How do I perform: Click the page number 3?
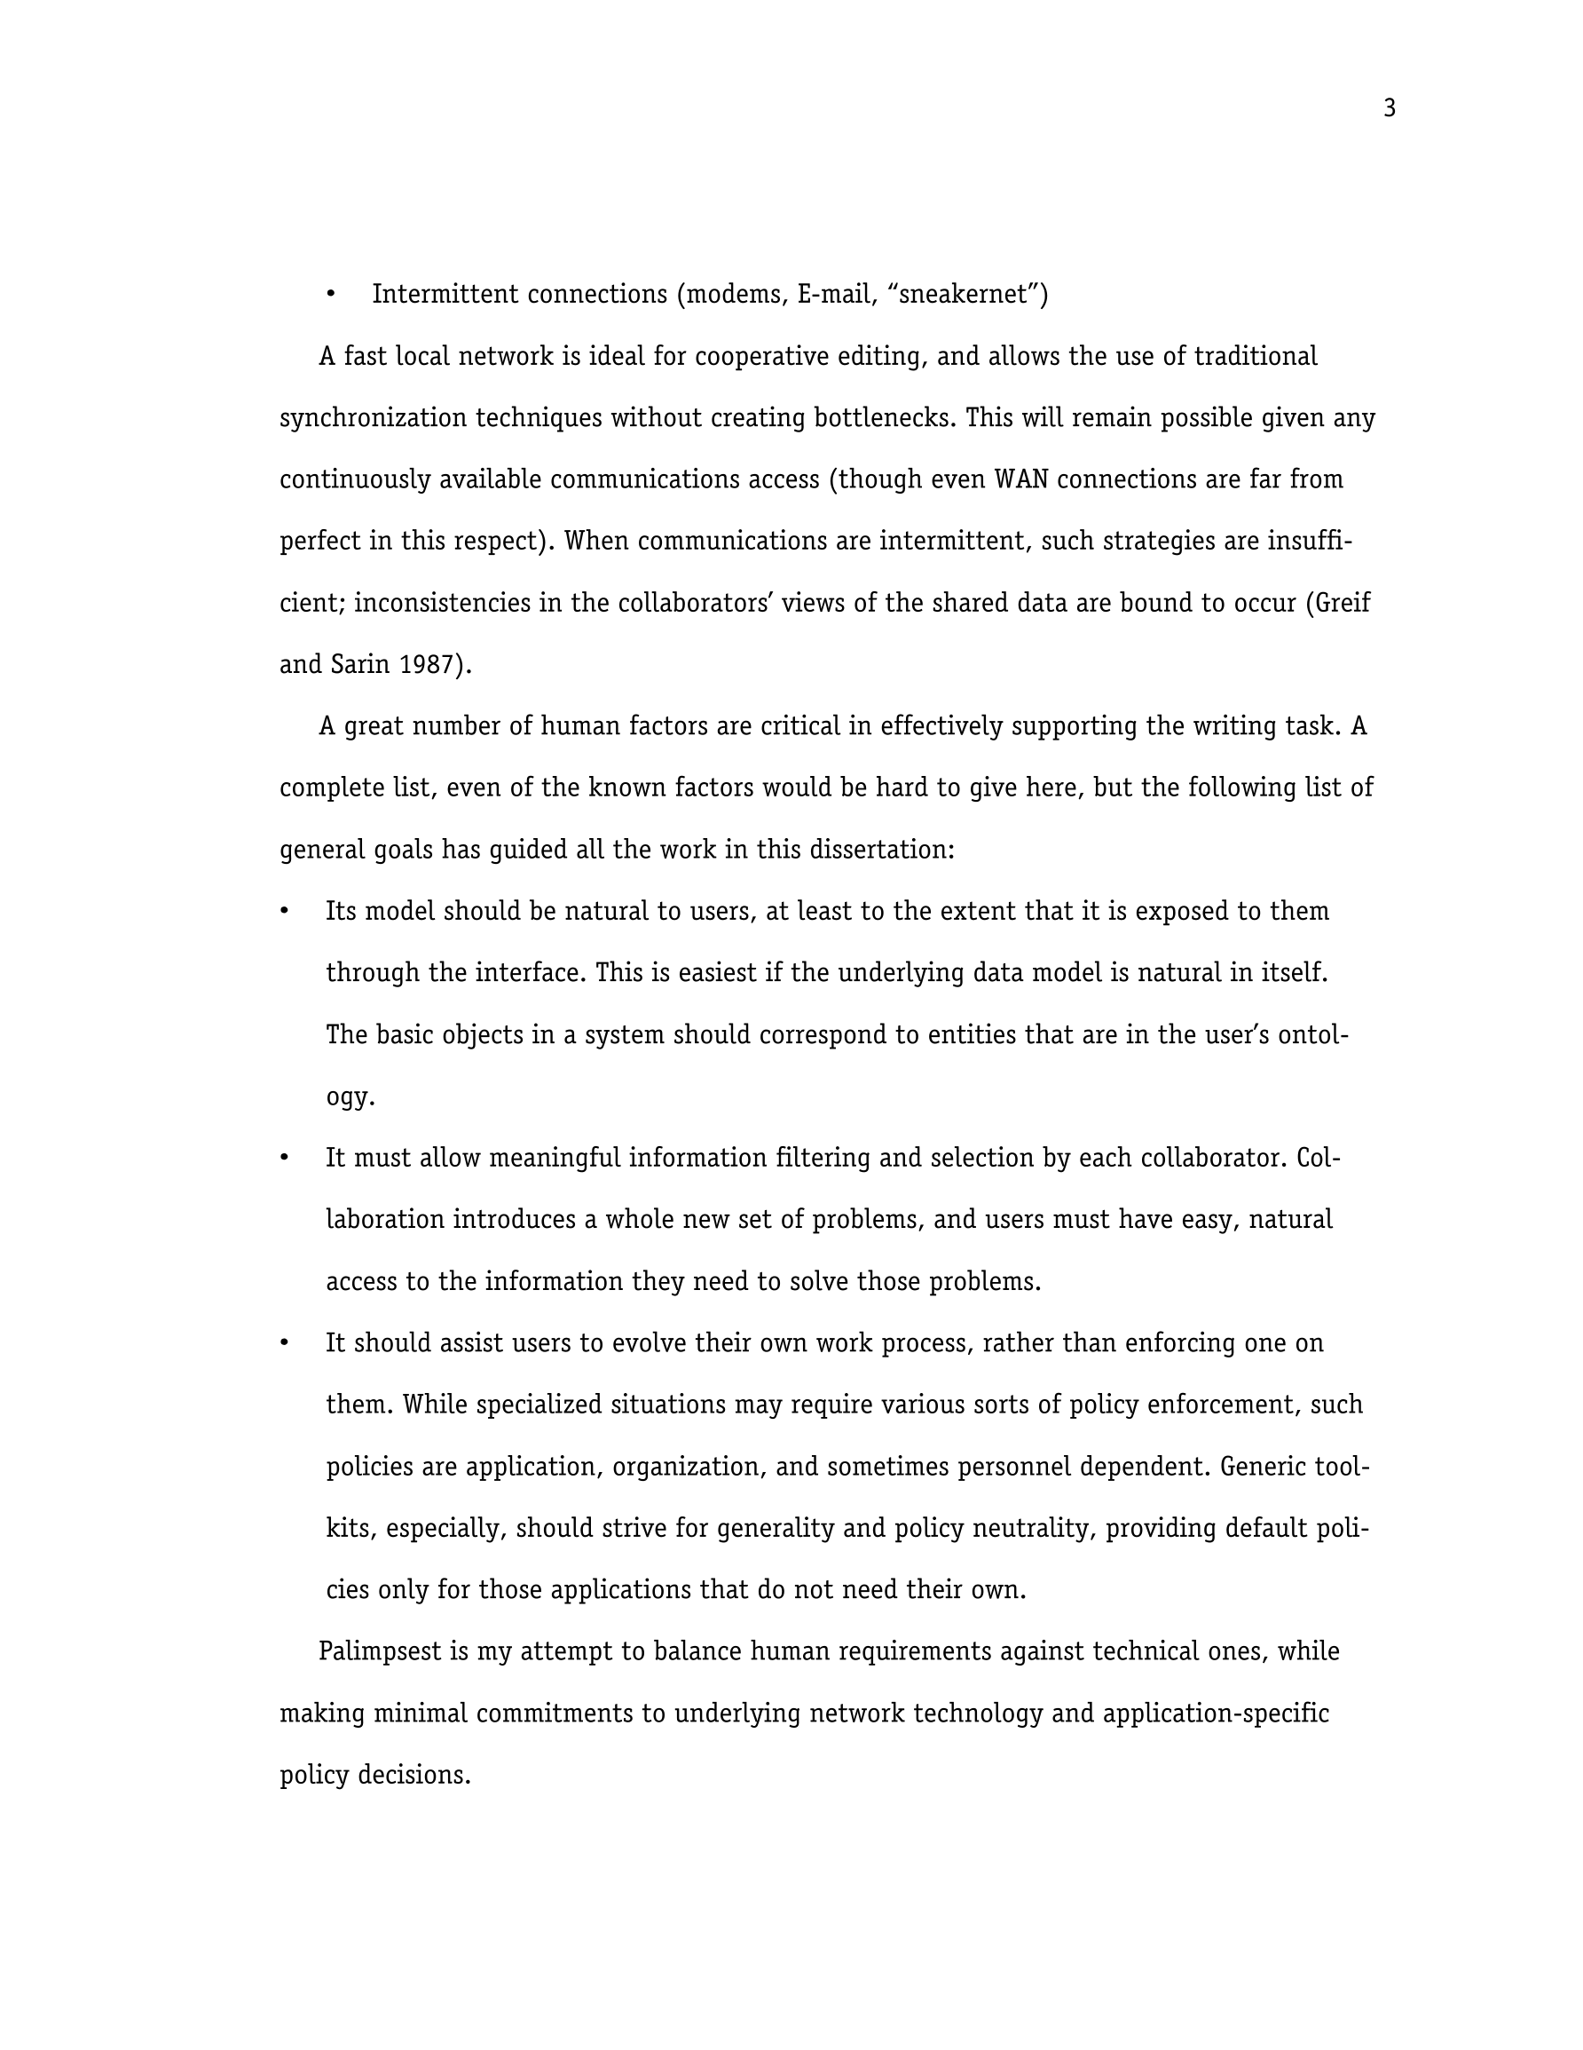pos(1389,109)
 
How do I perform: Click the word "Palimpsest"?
pos(380,1652)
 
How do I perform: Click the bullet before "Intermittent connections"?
pos(330,295)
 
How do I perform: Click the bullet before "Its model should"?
pos(284,912)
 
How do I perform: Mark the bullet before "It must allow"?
pos(284,1159)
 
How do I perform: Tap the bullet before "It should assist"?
pos(284,1343)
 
